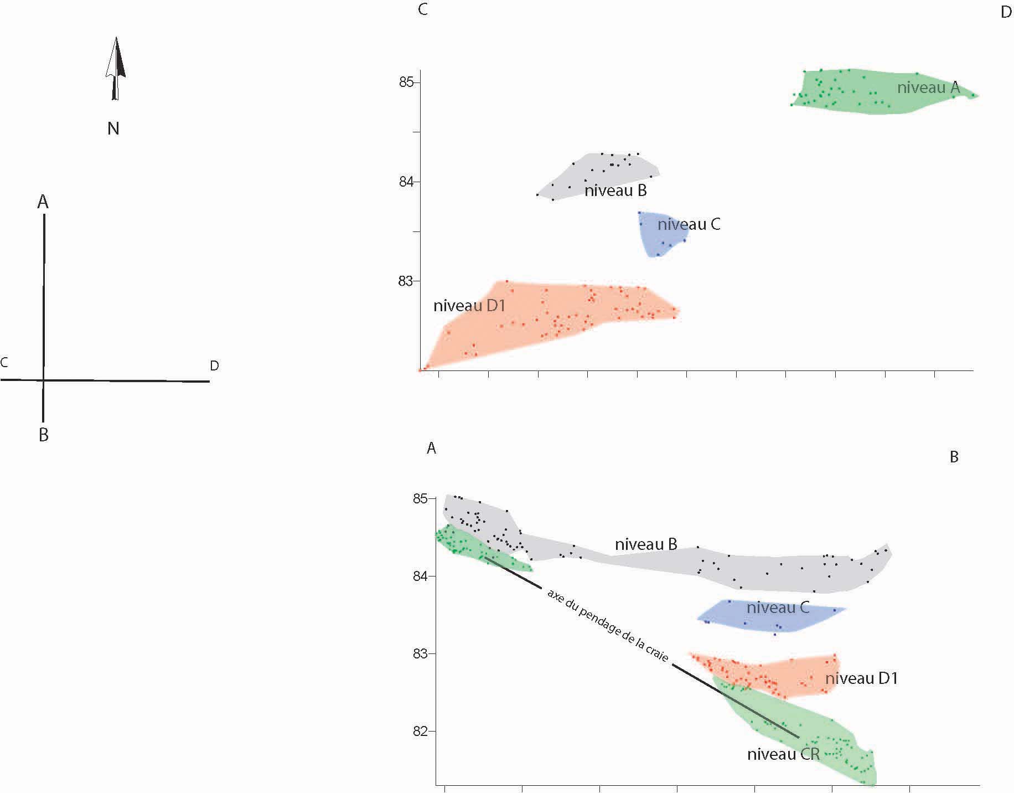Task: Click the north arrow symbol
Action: [x=115, y=69]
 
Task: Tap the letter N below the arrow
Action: [x=113, y=129]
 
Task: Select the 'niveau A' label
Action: [x=928, y=87]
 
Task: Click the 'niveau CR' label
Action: [x=783, y=754]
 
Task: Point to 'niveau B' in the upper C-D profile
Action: [x=615, y=191]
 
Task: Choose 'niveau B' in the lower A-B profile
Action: [x=646, y=544]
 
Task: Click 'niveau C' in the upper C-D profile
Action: [x=689, y=225]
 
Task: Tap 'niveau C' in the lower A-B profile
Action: [x=778, y=607]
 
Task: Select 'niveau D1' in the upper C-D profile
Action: [x=469, y=306]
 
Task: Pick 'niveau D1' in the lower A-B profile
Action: [x=861, y=678]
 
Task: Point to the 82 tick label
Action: [x=421, y=732]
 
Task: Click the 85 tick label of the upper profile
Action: [x=406, y=83]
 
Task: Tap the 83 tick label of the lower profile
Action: [x=421, y=654]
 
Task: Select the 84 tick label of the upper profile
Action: [x=406, y=182]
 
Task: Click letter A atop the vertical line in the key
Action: [x=43, y=203]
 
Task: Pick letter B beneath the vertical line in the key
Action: [x=44, y=435]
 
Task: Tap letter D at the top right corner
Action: [x=1006, y=13]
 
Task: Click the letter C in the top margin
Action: [x=423, y=10]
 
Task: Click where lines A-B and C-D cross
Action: [x=43, y=380]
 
